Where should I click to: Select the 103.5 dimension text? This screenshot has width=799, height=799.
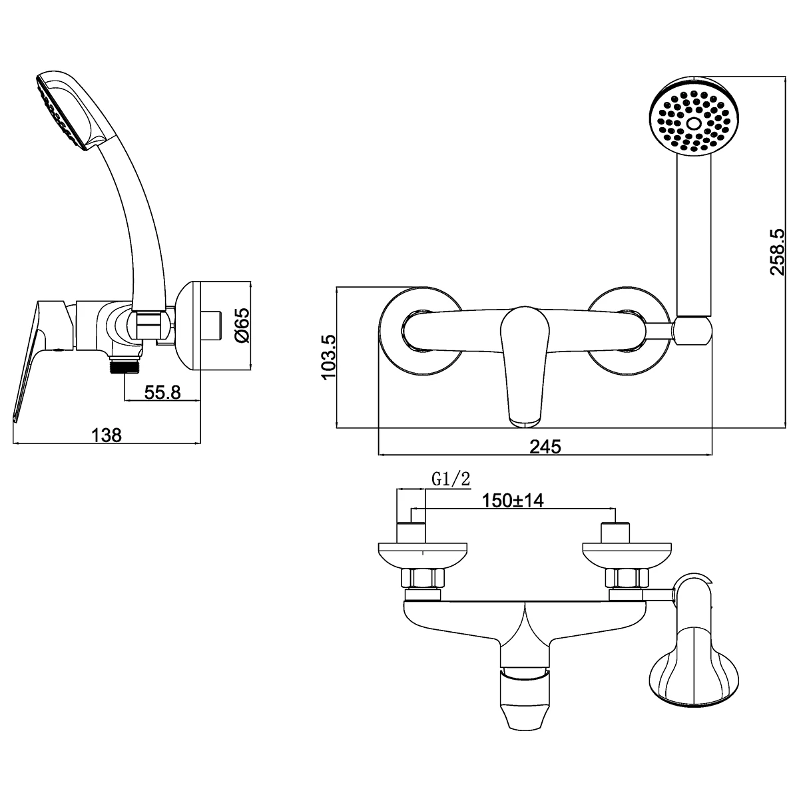pyautogui.click(x=328, y=358)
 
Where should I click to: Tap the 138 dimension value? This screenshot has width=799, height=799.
pyautogui.click(x=107, y=435)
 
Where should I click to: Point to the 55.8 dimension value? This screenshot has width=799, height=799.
pyautogui.click(x=163, y=392)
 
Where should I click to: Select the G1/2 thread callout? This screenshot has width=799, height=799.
pyautogui.click(x=451, y=479)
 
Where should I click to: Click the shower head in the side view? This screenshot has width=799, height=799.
pyautogui.click(x=63, y=110)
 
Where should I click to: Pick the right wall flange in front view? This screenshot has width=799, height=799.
pyautogui.click(x=630, y=330)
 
